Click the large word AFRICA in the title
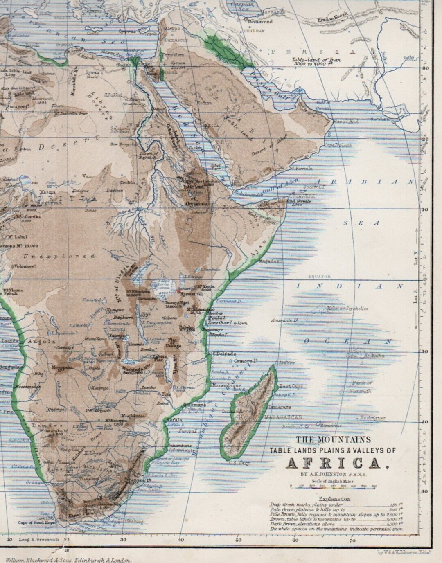335,463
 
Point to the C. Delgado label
223,354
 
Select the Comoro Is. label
246,361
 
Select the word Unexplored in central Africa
59,256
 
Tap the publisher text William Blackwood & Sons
67,559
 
